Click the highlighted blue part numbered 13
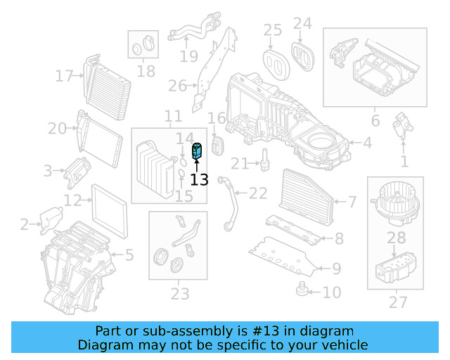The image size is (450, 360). (x=198, y=150)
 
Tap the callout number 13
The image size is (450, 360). (x=199, y=180)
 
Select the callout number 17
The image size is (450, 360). (x=65, y=76)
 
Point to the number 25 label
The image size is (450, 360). (x=272, y=30)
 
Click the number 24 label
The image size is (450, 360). (x=302, y=24)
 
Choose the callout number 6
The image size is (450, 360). (x=375, y=121)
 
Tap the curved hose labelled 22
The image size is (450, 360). (x=228, y=204)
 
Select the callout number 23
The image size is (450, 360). (x=179, y=293)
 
